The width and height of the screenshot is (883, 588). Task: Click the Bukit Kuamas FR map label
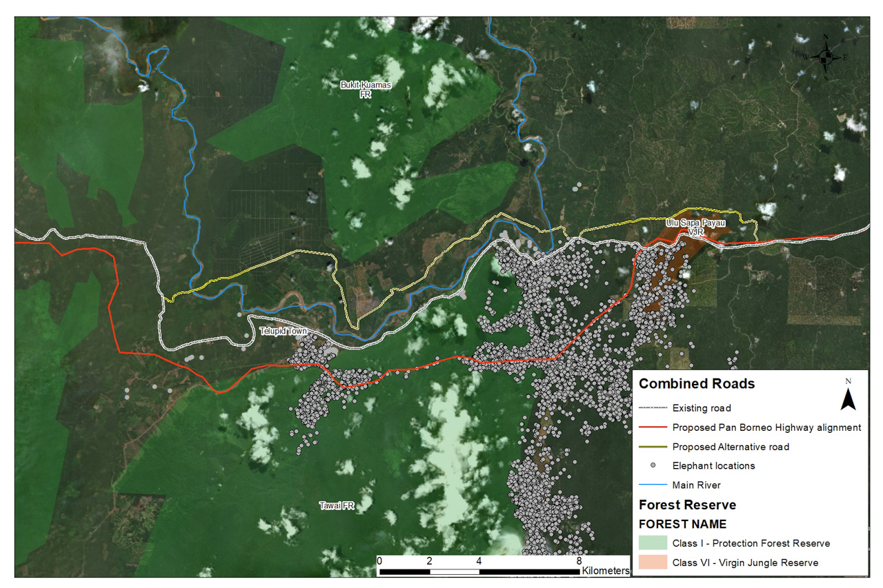pyautogui.click(x=366, y=89)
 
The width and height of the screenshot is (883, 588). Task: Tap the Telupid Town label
pyautogui.click(x=283, y=332)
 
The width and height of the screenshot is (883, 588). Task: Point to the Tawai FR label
pyautogui.click(x=337, y=506)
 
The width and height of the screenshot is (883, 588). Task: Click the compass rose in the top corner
pyautogui.click(x=825, y=57)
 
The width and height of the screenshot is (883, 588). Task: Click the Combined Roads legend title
pyautogui.click(x=697, y=384)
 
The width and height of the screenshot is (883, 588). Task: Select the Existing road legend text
pyautogui.click(x=702, y=408)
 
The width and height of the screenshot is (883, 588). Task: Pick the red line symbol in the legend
pyautogui.click(x=652, y=427)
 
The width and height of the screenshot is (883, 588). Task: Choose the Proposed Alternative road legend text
pyautogui.click(x=731, y=447)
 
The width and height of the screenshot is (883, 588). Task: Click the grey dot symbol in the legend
pyautogui.click(x=652, y=466)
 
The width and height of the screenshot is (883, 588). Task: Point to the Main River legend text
pyautogui.click(x=696, y=485)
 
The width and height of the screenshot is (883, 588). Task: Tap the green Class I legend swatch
pyautogui.click(x=653, y=543)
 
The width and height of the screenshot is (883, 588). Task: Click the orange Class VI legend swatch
pyautogui.click(x=653, y=562)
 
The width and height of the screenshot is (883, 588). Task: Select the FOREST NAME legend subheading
pyautogui.click(x=682, y=524)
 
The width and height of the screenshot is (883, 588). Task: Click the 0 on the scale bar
pyautogui.click(x=379, y=561)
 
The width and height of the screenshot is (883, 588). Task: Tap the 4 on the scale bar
pyautogui.click(x=479, y=561)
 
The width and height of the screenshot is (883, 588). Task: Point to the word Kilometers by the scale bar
pyautogui.click(x=606, y=571)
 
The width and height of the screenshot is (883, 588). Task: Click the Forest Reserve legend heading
pyautogui.click(x=687, y=505)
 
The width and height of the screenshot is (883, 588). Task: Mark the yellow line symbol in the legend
pyautogui.click(x=652, y=447)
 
